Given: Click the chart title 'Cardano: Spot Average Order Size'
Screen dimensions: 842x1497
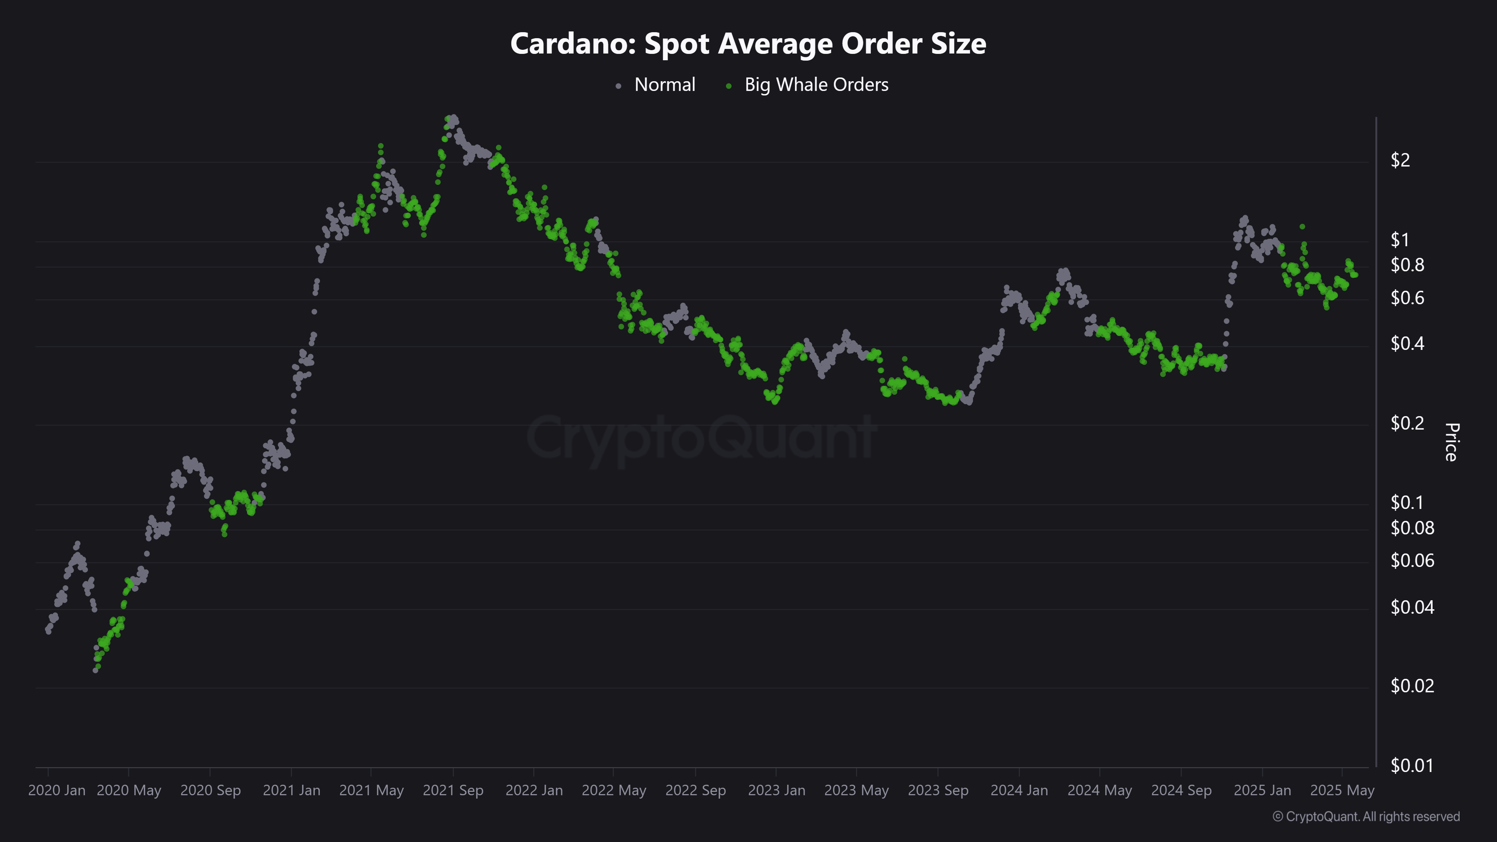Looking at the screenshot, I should click(x=748, y=43).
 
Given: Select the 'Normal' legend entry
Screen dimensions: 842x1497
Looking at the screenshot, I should click(x=664, y=85).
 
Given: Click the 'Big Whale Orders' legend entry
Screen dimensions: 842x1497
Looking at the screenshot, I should click(x=816, y=85).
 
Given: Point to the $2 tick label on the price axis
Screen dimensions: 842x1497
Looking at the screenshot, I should click(x=1400, y=160).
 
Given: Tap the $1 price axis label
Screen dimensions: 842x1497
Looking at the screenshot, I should click(x=1400, y=240).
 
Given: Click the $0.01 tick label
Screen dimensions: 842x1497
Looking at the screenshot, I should click(x=1412, y=765).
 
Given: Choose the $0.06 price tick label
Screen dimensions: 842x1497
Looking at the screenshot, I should click(x=1412, y=560).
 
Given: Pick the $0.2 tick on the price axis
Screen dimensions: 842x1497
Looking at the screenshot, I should click(x=1407, y=423).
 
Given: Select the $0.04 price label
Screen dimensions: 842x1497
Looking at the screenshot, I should click(x=1412, y=607).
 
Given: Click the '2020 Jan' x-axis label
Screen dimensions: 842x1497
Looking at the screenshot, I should click(x=57, y=790).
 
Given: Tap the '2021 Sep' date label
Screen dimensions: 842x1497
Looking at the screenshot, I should click(x=453, y=790).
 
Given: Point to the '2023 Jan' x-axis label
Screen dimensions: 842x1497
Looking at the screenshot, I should click(x=777, y=790).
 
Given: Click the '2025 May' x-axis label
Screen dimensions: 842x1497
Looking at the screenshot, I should click(x=1342, y=790).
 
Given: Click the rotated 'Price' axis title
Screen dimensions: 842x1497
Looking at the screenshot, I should click(x=1451, y=442).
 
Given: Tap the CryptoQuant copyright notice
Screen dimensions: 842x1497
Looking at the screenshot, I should click(x=1366, y=817).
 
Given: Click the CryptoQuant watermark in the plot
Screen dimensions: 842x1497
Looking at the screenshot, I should click(x=701, y=437).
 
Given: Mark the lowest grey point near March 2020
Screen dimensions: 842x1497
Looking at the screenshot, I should click(x=95, y=670).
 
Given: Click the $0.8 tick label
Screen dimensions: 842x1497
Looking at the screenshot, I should click(x=1407, y=265).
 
